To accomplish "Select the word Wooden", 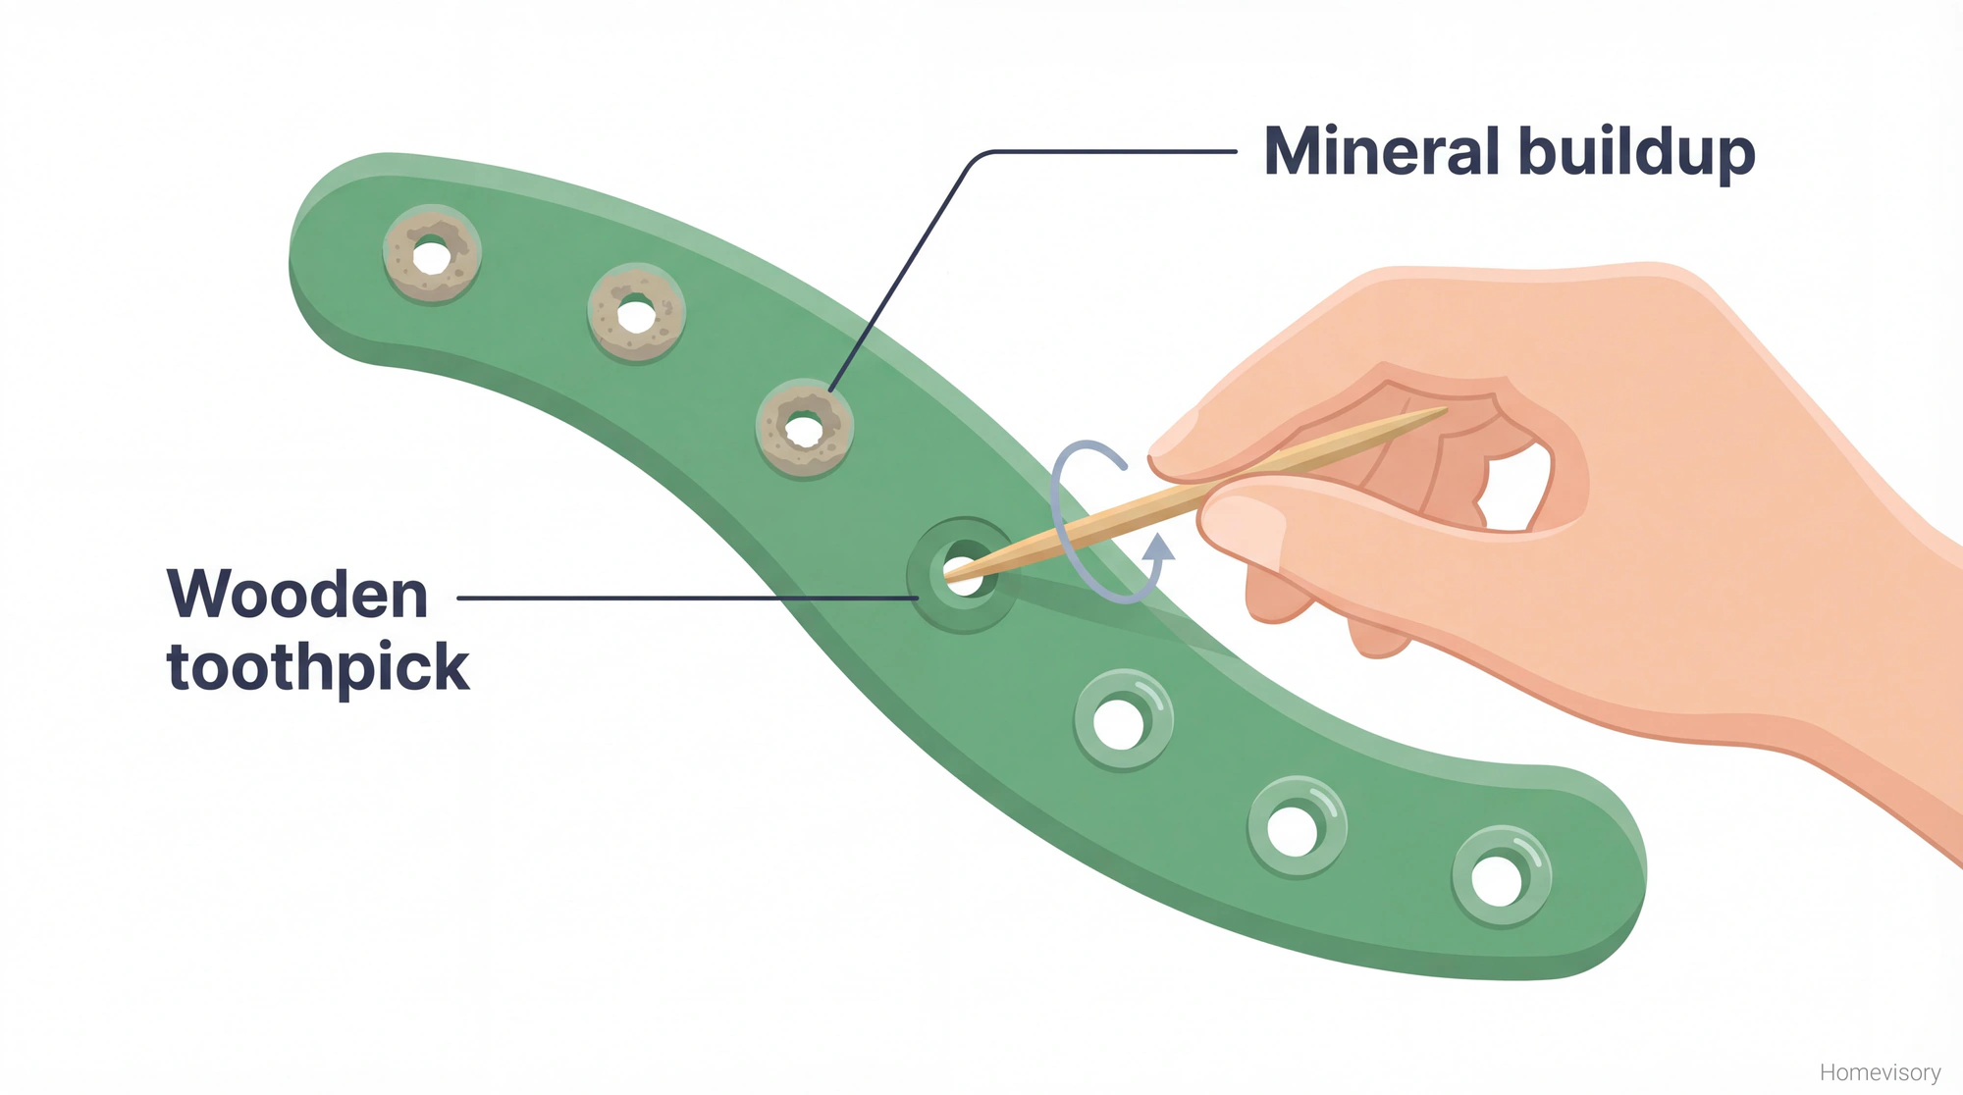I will click(x=297, y=595).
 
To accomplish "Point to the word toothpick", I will click(x=318, y=668).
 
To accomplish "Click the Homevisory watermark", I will click(x=1880, y=1072).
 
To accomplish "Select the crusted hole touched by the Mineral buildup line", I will click(x=804, y=429).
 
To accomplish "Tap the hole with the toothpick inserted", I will click(x=962, y=575).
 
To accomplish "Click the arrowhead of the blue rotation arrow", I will click(x=1160, y=546).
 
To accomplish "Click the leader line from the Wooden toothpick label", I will click(x=687, y=598).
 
